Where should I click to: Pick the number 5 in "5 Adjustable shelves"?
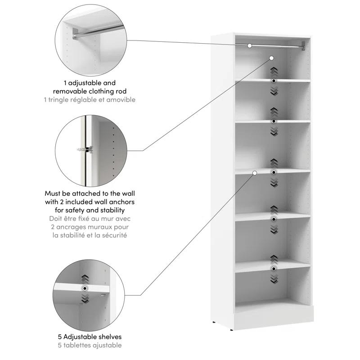(x=60, y=337)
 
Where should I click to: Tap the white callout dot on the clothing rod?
(x=249, y=45)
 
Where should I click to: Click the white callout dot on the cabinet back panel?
(x=272, y=58)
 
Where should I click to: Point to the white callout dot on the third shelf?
(x=254, y=172)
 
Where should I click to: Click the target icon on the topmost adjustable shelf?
(x=274, y=81)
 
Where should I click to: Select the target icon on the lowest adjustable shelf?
(x=274, y=269)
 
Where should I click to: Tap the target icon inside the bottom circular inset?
(x=84, y=288)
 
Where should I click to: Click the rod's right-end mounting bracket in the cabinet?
(x=304, y=45)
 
